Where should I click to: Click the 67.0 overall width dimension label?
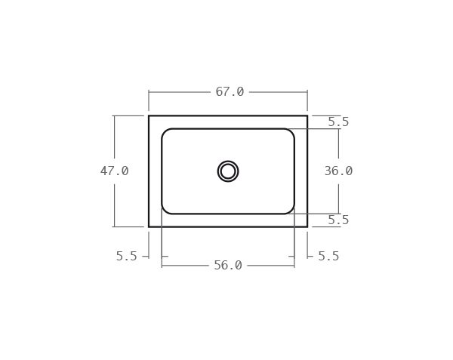point(230,92)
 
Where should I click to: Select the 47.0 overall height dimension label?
point(115,171)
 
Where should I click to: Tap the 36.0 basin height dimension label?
point(338,171)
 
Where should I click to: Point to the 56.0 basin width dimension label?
point(228,266)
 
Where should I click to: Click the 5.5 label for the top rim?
point(338,122)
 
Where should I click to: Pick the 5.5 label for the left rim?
point(127,257)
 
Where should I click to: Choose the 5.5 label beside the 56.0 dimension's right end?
point(328,257)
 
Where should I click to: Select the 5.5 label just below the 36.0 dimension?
point(338,220)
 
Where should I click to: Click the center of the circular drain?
point(228,171)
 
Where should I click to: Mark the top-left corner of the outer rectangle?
point(149,115)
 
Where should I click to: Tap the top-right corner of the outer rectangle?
point(307,115)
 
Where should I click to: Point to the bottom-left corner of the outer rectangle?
point(149,226)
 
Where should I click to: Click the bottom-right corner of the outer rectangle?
point(307,226)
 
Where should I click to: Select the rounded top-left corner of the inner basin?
point(165,132)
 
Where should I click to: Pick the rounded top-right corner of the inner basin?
point(291,132)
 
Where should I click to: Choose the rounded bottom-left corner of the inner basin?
point(165,211)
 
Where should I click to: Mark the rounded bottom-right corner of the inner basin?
point(291,211)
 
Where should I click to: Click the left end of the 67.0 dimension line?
point(149,92)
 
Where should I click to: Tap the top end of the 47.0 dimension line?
point(115,115)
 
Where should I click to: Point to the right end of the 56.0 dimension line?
point(294,266)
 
